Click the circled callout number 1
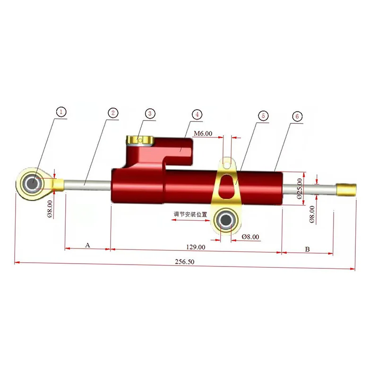click(x=61, y=112)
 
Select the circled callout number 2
click(x=112, y=113)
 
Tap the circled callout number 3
click(x=149, y=113)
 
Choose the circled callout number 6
click(x=296, y=116)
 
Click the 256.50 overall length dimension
click(x=184, y=262)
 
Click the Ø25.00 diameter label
click(x=299, y=188)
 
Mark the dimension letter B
click(x=307, y=249)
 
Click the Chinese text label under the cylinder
click(x=190, y=214)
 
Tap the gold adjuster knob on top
click(x=139, y=141)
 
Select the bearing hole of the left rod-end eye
click(x=33, y=183)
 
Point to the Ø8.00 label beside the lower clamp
click(x=250, y=237)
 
